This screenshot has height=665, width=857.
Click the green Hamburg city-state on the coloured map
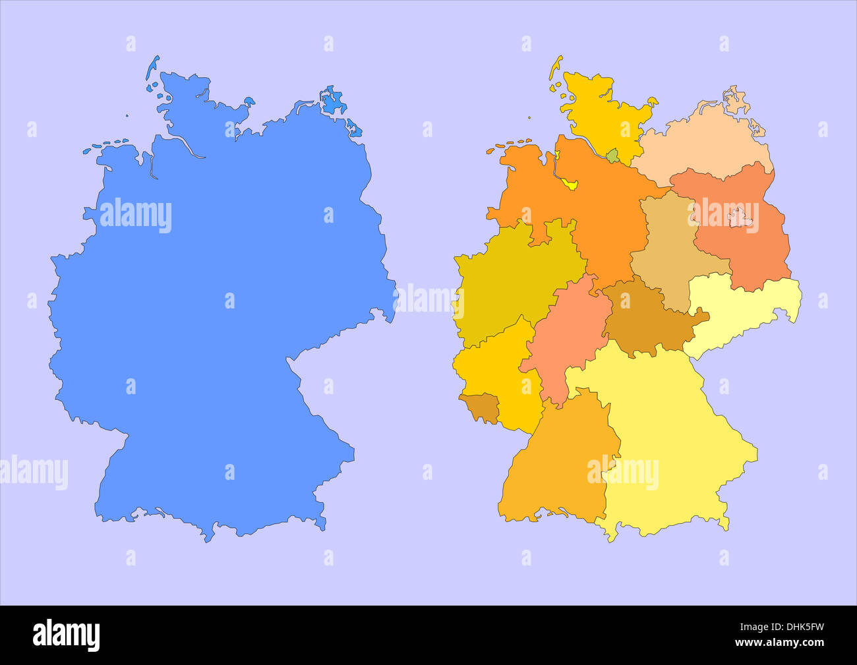[613, 156]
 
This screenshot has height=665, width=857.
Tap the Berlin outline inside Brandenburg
[742, 216]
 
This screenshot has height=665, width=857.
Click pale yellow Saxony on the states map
[742, 306]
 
